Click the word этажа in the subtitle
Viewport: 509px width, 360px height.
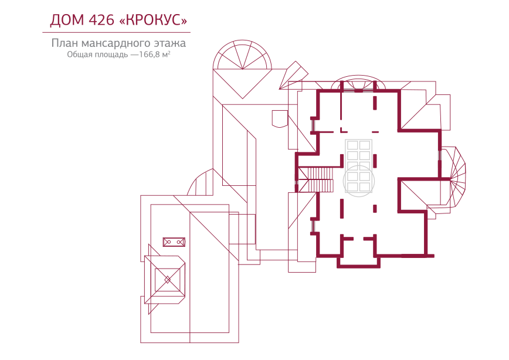[171, 43]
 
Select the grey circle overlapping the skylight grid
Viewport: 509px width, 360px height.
[359, 181]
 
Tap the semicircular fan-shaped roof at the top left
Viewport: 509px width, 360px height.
[242, 56]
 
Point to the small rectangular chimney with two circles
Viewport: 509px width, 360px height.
[174, 242]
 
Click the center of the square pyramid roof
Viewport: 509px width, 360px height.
[167, 280]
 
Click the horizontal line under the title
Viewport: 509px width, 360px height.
[116, 32]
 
